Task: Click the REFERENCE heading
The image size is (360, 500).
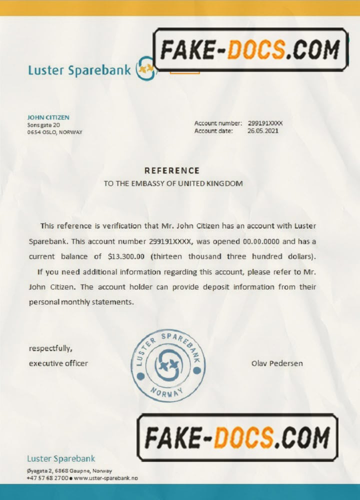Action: pyautogui.click(x=172, y=170)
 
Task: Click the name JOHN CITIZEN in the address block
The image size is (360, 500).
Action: pyautogui.click(x=48, y=117)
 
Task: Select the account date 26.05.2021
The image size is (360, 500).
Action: pyautogui.click(x=263, y=131)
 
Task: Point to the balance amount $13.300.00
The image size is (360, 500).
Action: pyautogui.click(x=126, y=256)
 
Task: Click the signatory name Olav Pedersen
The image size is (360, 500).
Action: pyautogui.click(x=276, y=363)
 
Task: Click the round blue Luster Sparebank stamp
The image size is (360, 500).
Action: pyautogui.click(x=168, y=365)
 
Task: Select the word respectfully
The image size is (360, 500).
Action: pyautogui.click(x=50, y=348)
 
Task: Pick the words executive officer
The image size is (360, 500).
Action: pyautogui.click(x=58, y=363)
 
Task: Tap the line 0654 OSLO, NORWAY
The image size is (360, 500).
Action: pyautogui.click(x=54, y=132)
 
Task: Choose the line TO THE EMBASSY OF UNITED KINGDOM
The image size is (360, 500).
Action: pyautogui.click(x=173, y=183)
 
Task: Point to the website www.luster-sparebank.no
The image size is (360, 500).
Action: pyautogui.click(x=105, y=478)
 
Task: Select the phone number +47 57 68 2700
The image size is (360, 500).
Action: pyautogui.click(x=47, y=478)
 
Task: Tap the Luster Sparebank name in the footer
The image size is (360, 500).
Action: pyautogui.click(x=60, y=458)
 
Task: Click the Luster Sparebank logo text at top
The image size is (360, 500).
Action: pyautogui.click(x=80, y=70)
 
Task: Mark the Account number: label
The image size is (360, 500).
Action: pyautogui.click(x=218, y=123)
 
